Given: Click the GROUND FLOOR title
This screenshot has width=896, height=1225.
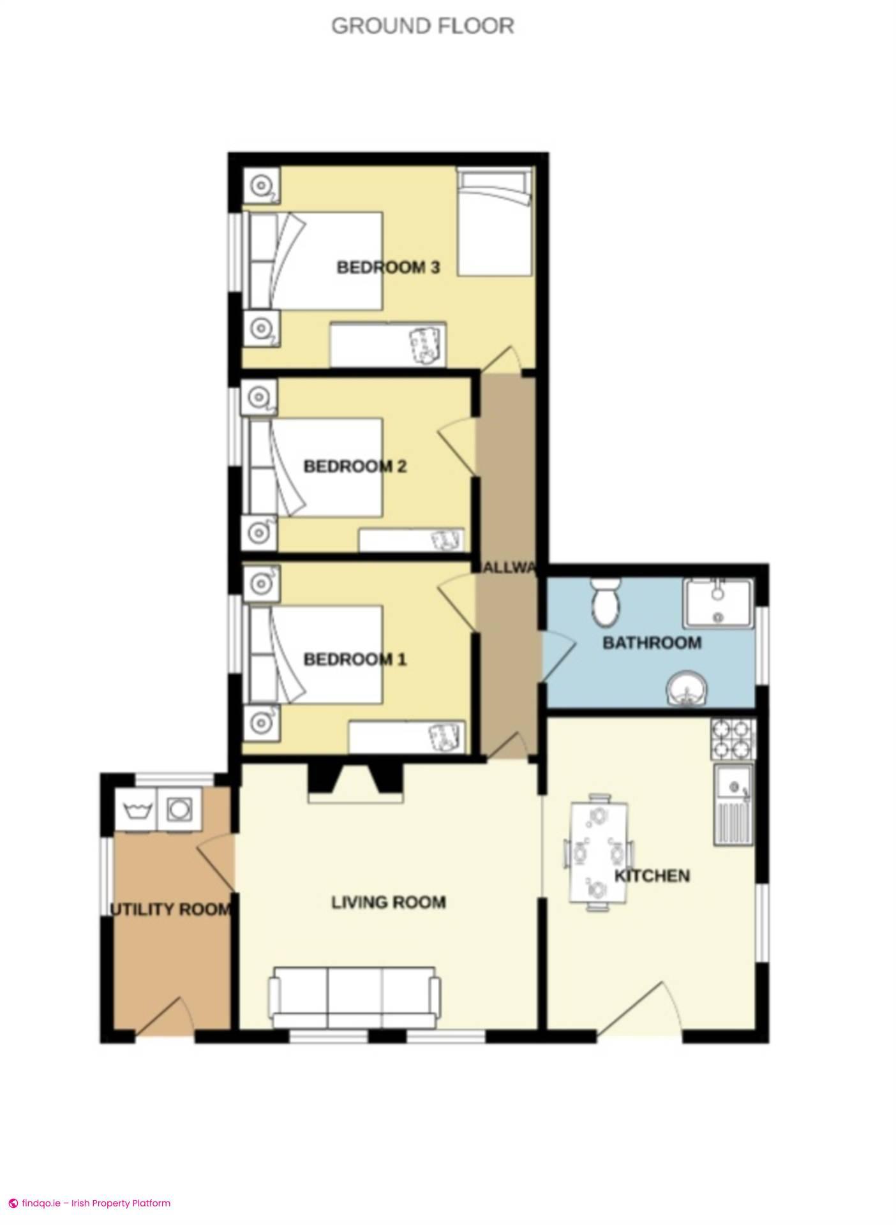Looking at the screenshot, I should pos(422,26).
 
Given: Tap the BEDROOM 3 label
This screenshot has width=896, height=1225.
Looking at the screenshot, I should pos(388,267).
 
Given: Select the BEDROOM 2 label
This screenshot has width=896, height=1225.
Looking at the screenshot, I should pos(355,466).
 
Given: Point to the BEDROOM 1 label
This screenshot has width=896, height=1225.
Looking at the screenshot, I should pos(355,659).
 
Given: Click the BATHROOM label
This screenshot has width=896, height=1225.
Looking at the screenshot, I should pos(652,642).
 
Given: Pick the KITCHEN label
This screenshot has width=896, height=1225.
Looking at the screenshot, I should pos(652,876).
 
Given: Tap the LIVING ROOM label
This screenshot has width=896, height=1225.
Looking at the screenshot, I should pos(388,902).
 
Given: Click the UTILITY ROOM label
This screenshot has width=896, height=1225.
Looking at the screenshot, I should pos(170,909).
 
